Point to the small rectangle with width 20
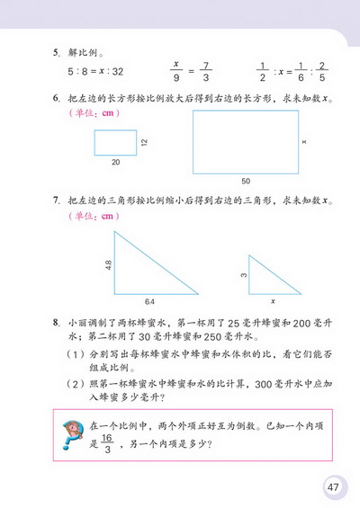pos(114,142)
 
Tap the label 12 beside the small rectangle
pos(143,142)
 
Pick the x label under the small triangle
pos(272,301)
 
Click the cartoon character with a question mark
pos(67,426)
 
